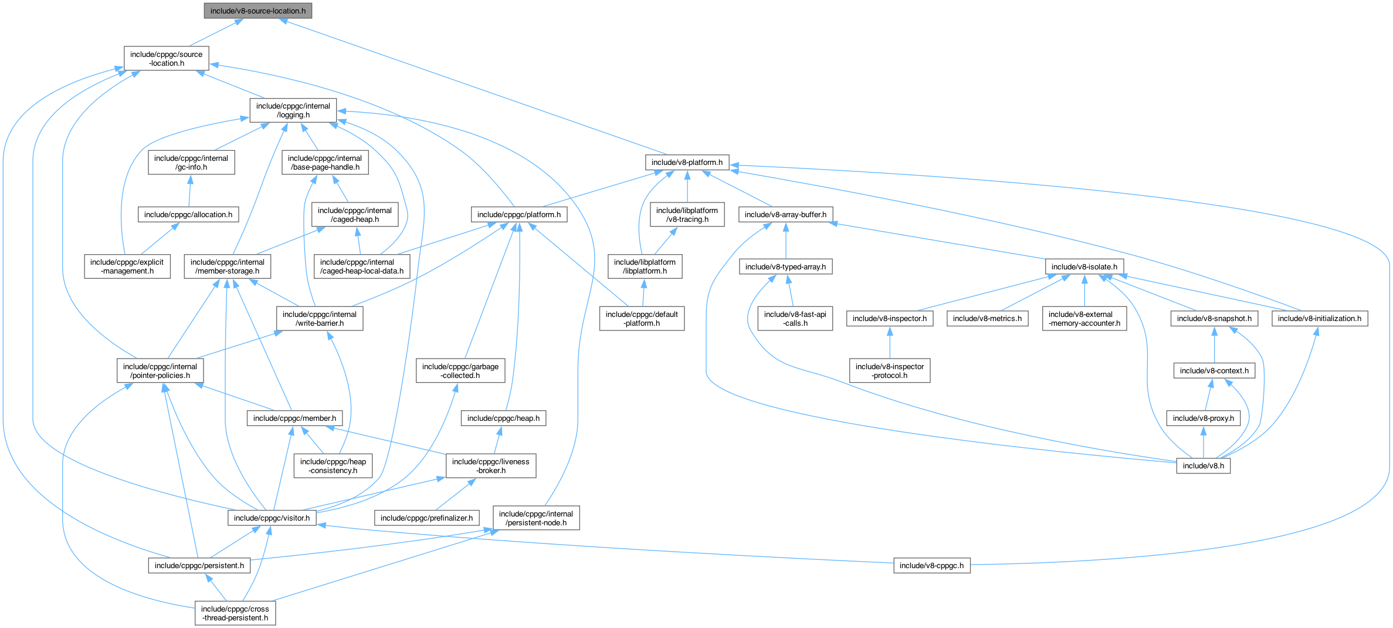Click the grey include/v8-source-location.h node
pos(257,11)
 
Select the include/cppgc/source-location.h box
pos(167,59)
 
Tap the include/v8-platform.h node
pos(687,163)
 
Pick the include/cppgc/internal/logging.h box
pos(293,110)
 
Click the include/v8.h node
pos(1203,466)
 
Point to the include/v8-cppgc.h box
pos(931,566)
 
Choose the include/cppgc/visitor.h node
pos(272,518)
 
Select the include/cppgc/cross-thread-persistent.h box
pos(235,613)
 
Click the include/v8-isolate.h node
pos(1084,267)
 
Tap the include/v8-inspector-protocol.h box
pos(890,371)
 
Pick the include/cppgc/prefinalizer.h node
pos(426,518)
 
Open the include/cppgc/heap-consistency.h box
pos(333,466)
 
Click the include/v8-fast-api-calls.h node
pos(795,319)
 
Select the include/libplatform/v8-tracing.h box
pos(687,215)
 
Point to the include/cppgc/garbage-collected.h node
pos(460,371)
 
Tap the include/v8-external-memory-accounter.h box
pos(1084,319)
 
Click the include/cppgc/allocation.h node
pos(188,215)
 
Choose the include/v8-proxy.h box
pos(1203,418)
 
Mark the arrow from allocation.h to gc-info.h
pos(189,191)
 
